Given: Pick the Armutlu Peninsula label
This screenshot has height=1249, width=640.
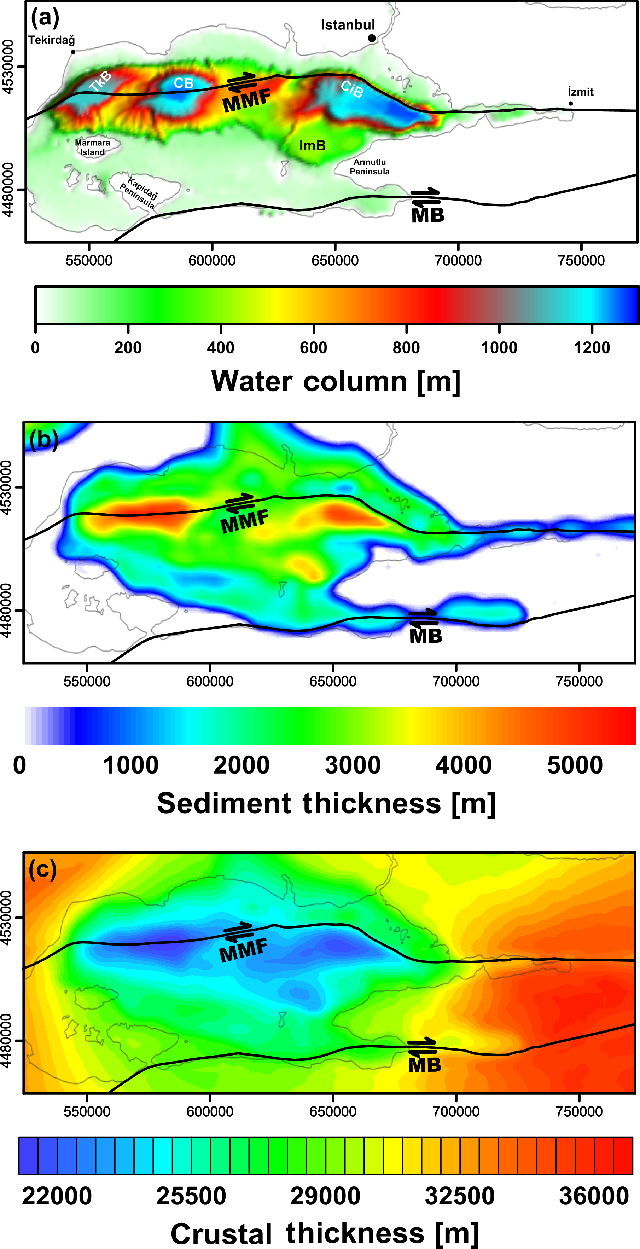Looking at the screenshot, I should point(370,167).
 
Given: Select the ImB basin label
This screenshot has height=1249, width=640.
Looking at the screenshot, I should point(312,145).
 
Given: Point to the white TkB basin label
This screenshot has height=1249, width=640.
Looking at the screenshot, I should point(100,81).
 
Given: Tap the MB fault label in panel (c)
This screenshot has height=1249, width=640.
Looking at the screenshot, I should point(424,1065).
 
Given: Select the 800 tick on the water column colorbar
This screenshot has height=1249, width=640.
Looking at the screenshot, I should point(406,348).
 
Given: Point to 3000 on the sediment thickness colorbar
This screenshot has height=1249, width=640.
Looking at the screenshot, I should point(353,765).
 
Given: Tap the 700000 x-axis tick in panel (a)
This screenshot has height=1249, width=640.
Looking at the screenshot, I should point(458,261).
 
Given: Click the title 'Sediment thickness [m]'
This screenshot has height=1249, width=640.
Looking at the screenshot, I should point(326,803).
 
